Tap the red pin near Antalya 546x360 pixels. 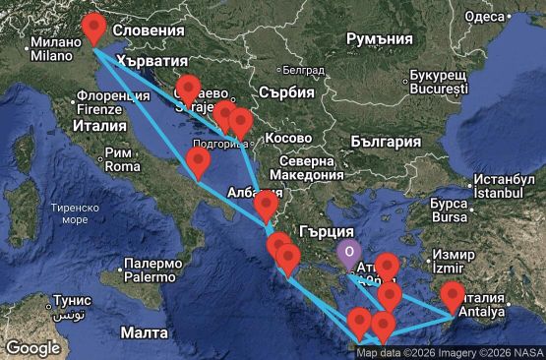[x=453, y=294]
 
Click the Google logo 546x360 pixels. [x=32, y=347]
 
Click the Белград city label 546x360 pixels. [x=302, y=71]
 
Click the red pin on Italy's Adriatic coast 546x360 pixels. [x=198, y=162]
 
